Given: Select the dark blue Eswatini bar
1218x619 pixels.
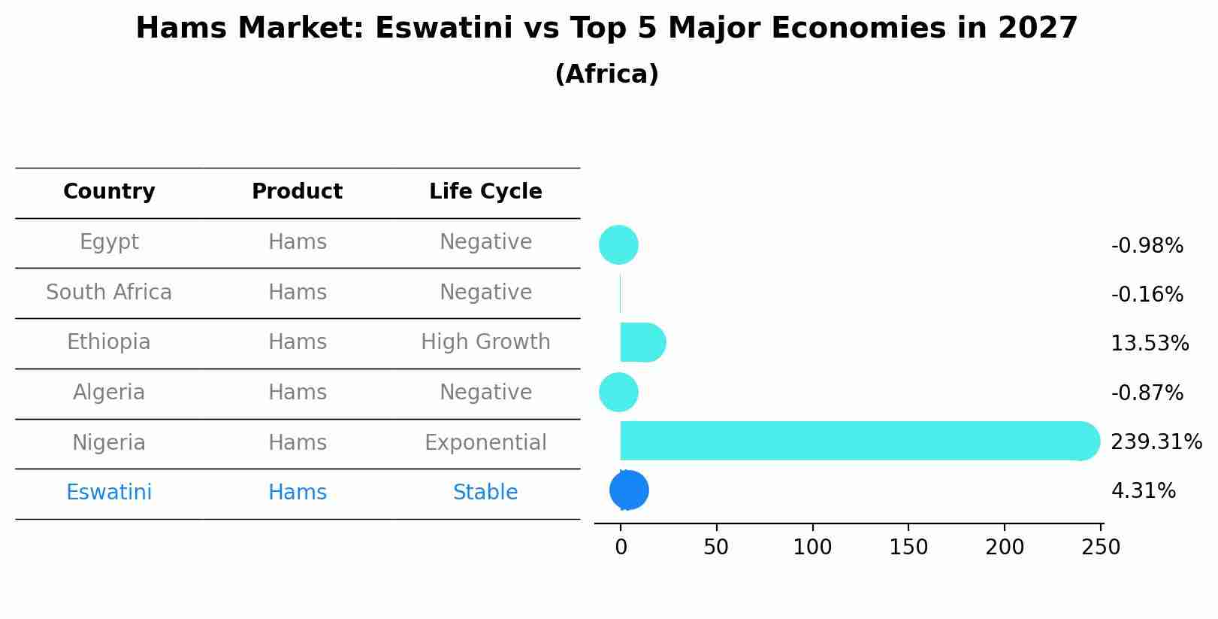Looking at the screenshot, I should click(x=629, y=490).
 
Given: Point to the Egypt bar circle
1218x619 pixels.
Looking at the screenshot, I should click(x=618, y=244).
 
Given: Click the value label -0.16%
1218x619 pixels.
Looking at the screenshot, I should click(x=1147, y=294).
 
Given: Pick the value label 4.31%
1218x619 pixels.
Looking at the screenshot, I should click(x=1143, y=491).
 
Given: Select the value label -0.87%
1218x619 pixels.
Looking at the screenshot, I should click(x=1147, y=393).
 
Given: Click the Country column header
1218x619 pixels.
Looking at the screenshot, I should click(x=109, y=192).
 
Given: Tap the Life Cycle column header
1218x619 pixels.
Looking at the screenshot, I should click(x=485, y=192).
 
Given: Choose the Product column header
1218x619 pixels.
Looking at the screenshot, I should click(x=297, y=192).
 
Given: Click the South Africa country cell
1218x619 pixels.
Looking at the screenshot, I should click(x=109, y=292).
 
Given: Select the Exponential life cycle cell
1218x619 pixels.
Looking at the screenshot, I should click(x=485, y=442).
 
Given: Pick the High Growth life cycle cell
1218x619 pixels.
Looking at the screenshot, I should click(x=485, y=342).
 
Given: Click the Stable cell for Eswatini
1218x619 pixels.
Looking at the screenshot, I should click(x=485, y=493).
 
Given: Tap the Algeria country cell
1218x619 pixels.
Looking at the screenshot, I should click(x=109, y=393).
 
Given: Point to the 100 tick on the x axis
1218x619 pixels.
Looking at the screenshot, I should click(x=812, y=548).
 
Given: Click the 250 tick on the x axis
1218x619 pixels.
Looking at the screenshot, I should click(x=1101, y=548).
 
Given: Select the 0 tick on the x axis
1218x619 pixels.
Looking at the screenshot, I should click(x=621, y=548).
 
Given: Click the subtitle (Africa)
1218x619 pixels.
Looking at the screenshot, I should click(x=606, y=74).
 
